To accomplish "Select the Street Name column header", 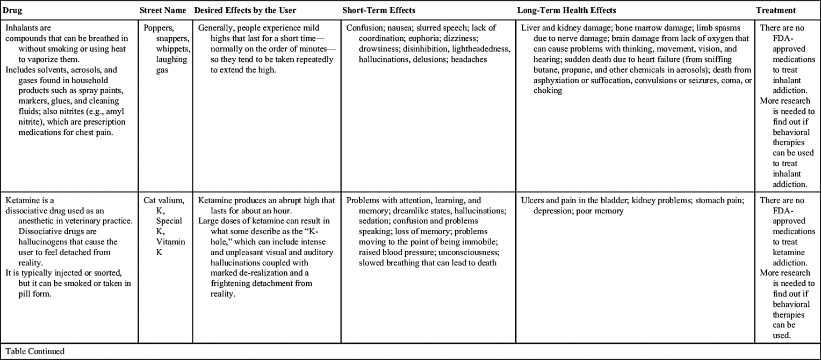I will [x=163, y=10].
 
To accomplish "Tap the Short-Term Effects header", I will [x=379, y=10].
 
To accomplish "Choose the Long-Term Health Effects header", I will [x=566, y=10].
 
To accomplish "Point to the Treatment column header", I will [x=776, y=10].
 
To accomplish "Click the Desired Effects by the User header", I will [x=245, y=10].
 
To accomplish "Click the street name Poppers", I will [x=157, y=28].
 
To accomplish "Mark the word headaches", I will [x=469, y=60].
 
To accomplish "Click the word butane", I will [x=546, y=70].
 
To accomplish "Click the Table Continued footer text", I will [x=35, y=351].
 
